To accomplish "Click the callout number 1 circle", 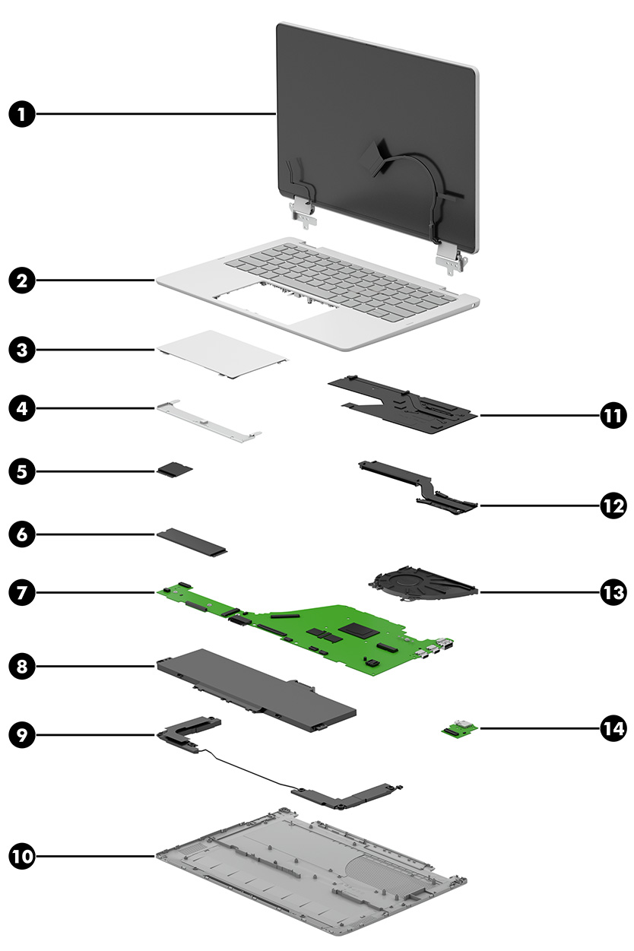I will click(22, 115).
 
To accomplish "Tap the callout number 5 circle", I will click(22, 471).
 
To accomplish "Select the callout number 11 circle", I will click(612, 416).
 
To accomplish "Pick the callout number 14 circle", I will click(612, 728).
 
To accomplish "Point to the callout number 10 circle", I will click(22, 856).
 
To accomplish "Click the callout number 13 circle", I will click(612, 591).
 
